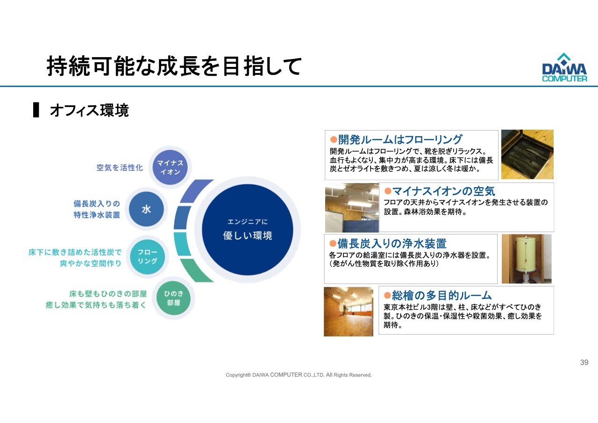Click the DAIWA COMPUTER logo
[564, 67]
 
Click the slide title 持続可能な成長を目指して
[174, 66]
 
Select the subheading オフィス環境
[89, 110]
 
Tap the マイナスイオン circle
[170, 168]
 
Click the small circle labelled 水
[146, 209]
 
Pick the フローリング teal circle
[147, 257]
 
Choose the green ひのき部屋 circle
[173, 298]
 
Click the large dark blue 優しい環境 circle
[248, 230]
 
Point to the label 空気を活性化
[120, 168]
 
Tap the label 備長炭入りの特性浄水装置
[97, 209]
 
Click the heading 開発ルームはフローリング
[400, 139]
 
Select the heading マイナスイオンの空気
[444, 191]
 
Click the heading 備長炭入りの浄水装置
[392, 243]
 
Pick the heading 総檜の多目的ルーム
[442, 295]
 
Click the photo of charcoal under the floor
[527, 154]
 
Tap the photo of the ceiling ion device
[352, 207]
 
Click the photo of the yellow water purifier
[527, 259]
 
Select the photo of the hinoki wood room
[349, 312]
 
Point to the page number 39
[584, 362]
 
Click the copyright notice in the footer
[299, 375]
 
